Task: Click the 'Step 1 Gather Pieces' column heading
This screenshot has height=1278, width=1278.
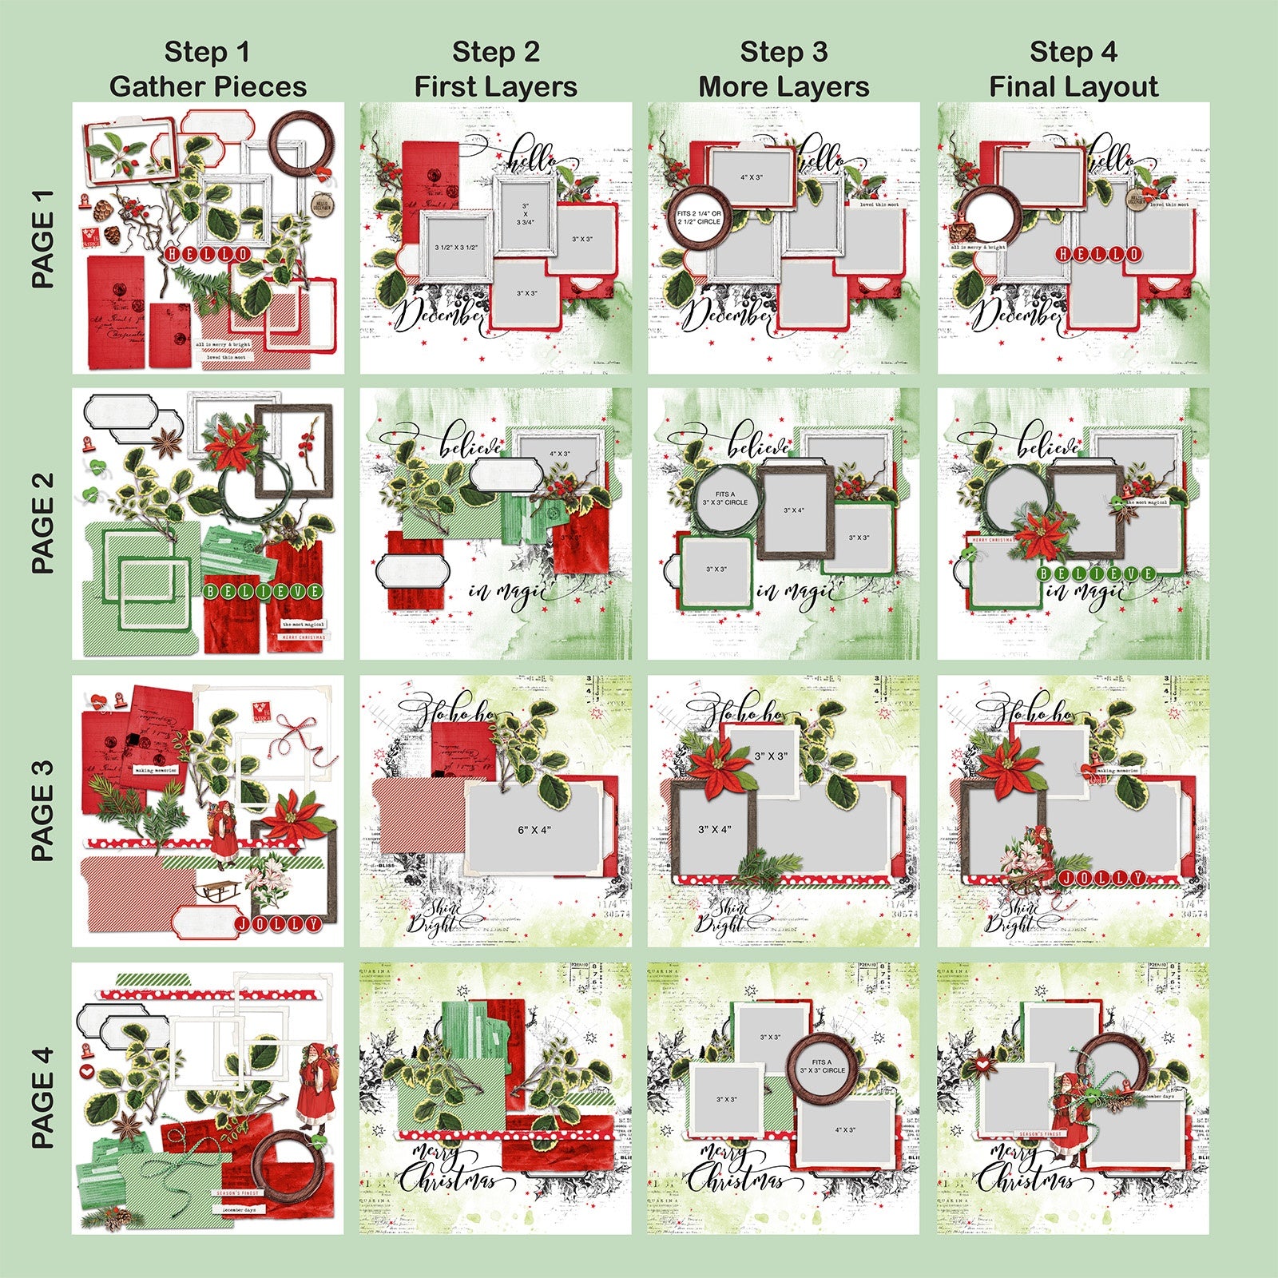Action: pos(208,69)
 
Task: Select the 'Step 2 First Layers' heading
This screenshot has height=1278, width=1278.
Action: pos(495,69)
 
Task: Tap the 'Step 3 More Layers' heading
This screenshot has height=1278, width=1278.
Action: pos(784,69)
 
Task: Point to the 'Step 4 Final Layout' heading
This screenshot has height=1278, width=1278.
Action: pos(1073,69)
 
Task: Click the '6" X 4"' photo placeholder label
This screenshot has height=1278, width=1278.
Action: pos(534,830)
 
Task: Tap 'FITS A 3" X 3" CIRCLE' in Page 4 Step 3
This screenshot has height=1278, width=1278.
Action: pos(822,1066)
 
